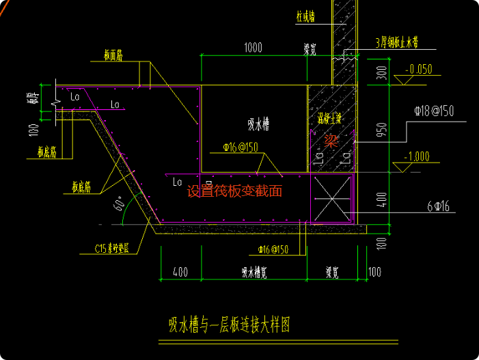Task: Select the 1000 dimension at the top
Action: pyautogui.click(x=253, y=48)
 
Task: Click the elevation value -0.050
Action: pyautogui.click(x=418, y=69)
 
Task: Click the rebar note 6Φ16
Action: pyautogui.click(x=424, y=204)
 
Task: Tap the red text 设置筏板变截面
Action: pyautogui.click(x=234, y=191)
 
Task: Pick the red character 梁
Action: pyautogui.click(x=331, y=141)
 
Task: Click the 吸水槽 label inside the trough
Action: pyautogui.click(x=258, y=124)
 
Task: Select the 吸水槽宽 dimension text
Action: pyautogui.click(x=254, y=273)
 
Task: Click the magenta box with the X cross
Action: pyautogui.click(x=332, y=198)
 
